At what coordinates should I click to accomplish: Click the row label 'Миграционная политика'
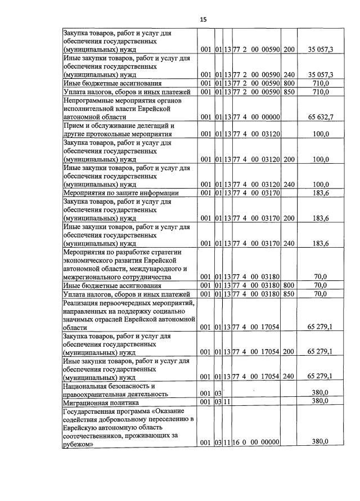100,401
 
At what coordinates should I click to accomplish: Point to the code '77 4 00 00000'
256,117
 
